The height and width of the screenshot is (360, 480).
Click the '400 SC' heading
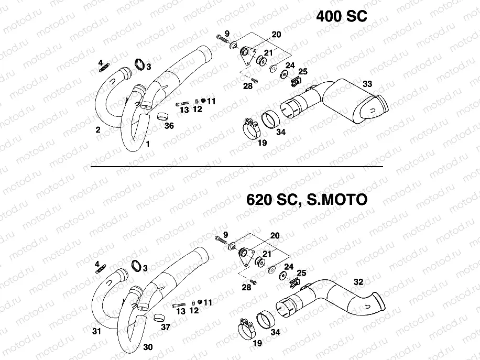click(x=341, y=16)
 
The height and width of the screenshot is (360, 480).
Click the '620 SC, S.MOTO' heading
click(x=306, y=200)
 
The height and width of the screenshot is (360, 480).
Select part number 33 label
click(x=367, y=84)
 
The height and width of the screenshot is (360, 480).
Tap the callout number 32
click(x=358, y=282)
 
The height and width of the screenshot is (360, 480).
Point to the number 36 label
click(x=169, y=126)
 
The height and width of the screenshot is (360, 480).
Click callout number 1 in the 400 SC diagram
click(x=148, y=144)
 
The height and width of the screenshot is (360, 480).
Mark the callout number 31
click(x=95, y=331)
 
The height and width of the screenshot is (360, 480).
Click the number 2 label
click(x=98, y=129)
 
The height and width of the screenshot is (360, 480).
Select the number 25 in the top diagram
click(x=302, y=71)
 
